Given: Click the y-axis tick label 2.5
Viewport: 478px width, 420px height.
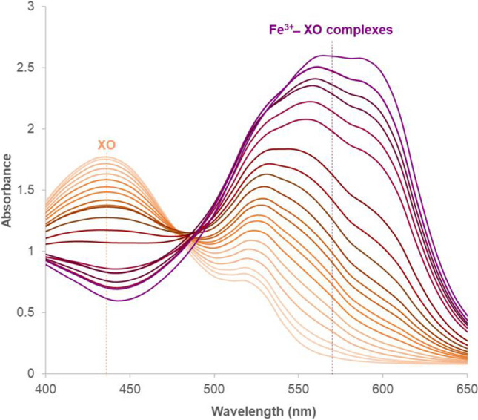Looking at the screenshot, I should tap(30, 68).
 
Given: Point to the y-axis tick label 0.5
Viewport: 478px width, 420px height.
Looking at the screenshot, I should tap(30, 312).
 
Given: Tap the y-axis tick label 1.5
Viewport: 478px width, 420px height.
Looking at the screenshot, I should tap(30, 190).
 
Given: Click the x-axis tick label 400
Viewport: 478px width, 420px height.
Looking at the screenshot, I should tap(46, 388).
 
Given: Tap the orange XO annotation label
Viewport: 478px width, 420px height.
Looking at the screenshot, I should tap(106, 145).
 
